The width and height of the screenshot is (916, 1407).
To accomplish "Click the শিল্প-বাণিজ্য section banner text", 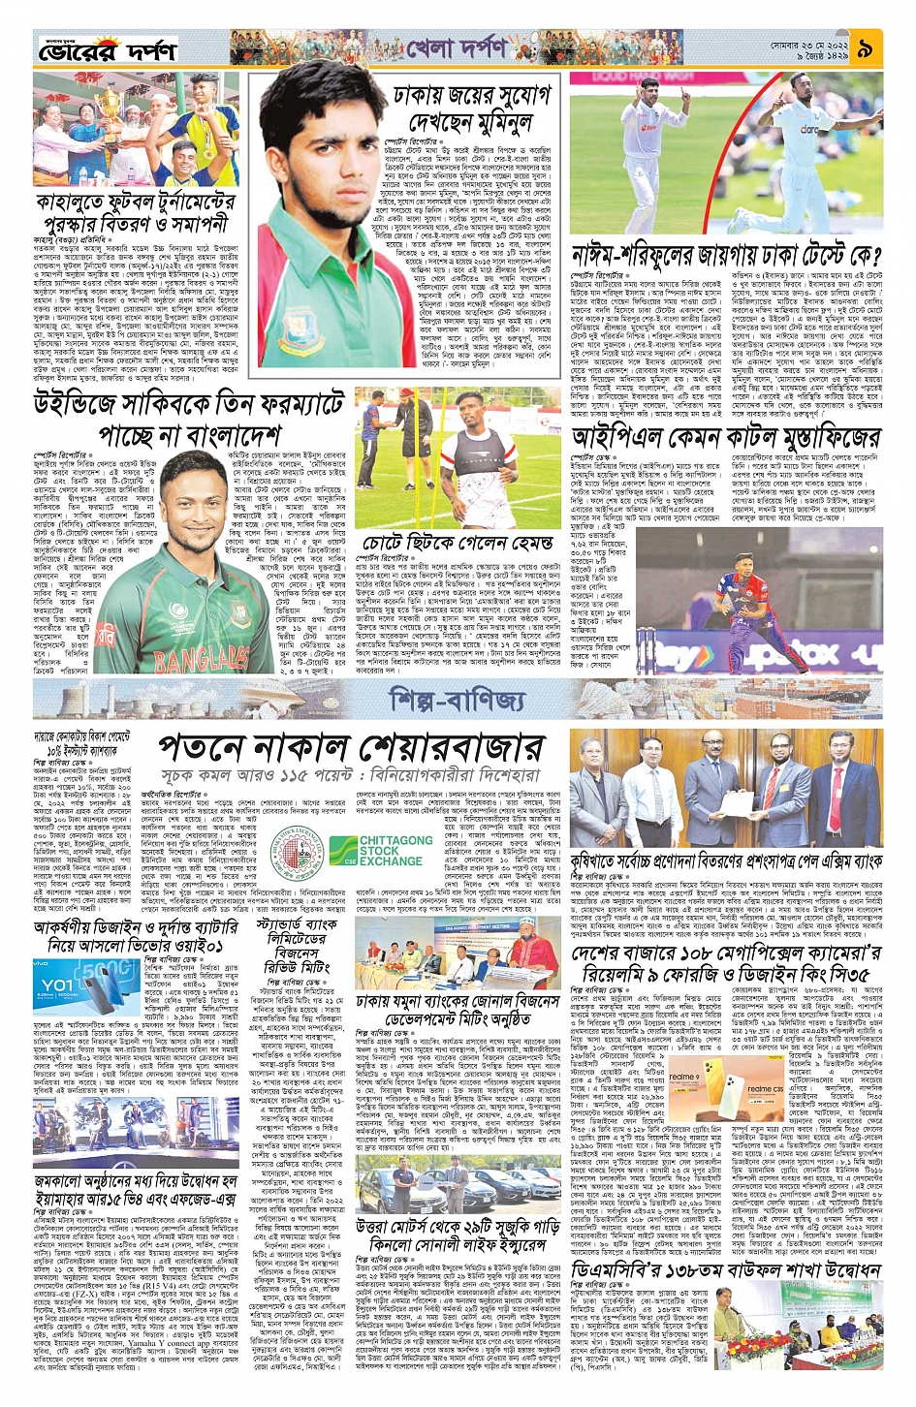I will [458, 699].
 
